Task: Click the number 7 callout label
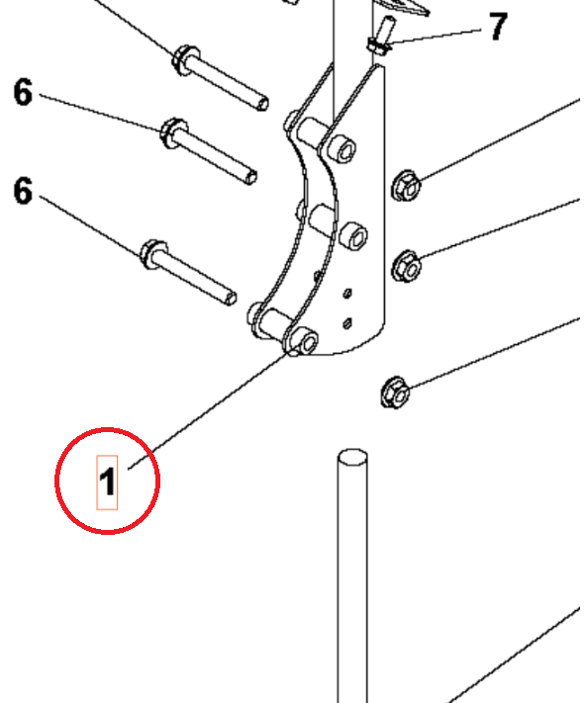[497, 27]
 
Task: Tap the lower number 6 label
[23, 190]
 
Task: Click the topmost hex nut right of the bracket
[406, 184]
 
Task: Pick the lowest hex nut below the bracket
[393, 393]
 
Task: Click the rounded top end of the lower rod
[352, 459]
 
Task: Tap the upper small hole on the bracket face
[347, 293]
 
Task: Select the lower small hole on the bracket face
[347, 321]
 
